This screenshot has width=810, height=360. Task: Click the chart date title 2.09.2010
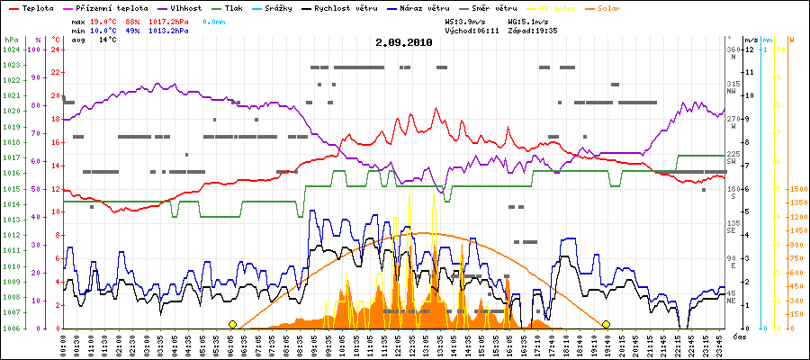click(x=404, y=41)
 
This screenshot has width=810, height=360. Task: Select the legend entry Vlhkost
click(x=185, y=8)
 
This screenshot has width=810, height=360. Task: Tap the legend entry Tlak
click(x=241, y=8)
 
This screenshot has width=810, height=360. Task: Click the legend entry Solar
click(x=621, y=8)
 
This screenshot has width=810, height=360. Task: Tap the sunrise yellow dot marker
click(x=232, y=324)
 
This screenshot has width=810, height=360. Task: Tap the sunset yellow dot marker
click(x=606, y=324)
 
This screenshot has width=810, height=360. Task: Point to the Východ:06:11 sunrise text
click(x=473, y=30)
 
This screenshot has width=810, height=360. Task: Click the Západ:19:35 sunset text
click(x=533, y=30)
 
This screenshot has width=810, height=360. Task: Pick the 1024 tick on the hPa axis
click(x=10, y=49)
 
